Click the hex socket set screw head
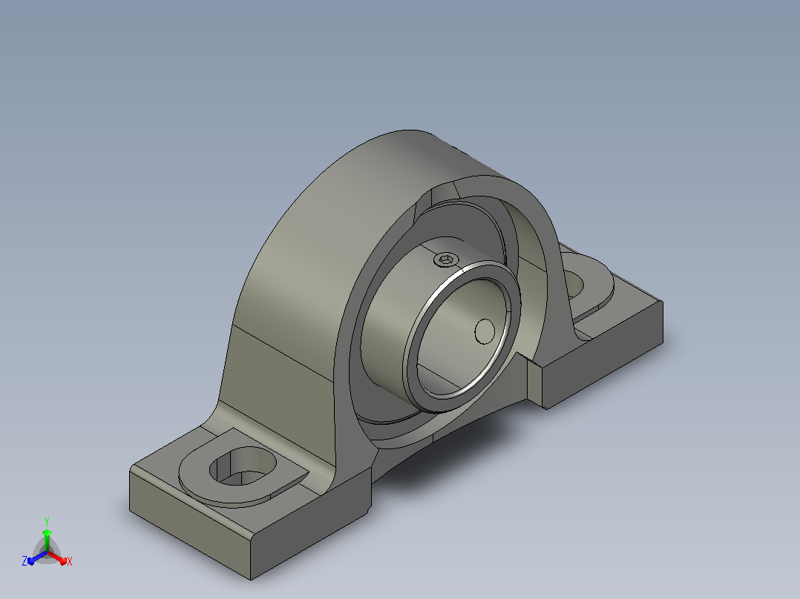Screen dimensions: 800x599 click(x=445, y=260)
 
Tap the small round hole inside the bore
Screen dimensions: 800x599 click(x=485, y=331)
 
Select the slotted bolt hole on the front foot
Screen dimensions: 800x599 click(x=243, y=466)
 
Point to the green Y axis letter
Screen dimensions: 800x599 click(x=47, y=521)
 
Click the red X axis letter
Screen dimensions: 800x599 click(x=70, y=561)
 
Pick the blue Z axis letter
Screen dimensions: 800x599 click(x=24, y=561)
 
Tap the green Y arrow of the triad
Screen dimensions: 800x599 click(x=47, y=540)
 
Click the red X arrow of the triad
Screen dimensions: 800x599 click(x=58, y=557)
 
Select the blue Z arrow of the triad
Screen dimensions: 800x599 click(x=37, y=557)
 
